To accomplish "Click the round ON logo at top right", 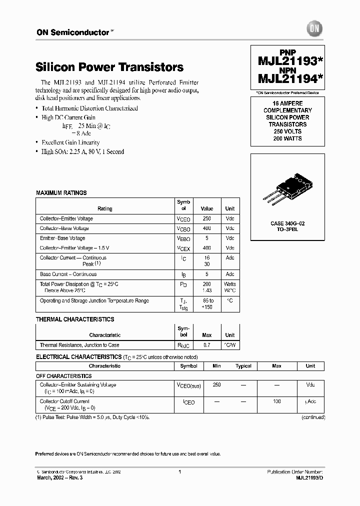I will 316,29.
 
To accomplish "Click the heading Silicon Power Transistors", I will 109,67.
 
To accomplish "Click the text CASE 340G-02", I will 287,223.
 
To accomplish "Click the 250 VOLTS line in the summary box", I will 287,131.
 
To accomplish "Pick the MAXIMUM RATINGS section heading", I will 61,192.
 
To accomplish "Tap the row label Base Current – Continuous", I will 68,274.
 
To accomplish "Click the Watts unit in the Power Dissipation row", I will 229,284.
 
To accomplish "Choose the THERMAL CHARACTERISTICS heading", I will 75,319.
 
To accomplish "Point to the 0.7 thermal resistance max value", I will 206,345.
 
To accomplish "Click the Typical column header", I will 243,366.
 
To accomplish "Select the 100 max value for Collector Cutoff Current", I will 276,401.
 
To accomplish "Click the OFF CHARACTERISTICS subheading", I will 64,376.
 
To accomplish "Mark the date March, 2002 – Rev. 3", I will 60,477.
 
